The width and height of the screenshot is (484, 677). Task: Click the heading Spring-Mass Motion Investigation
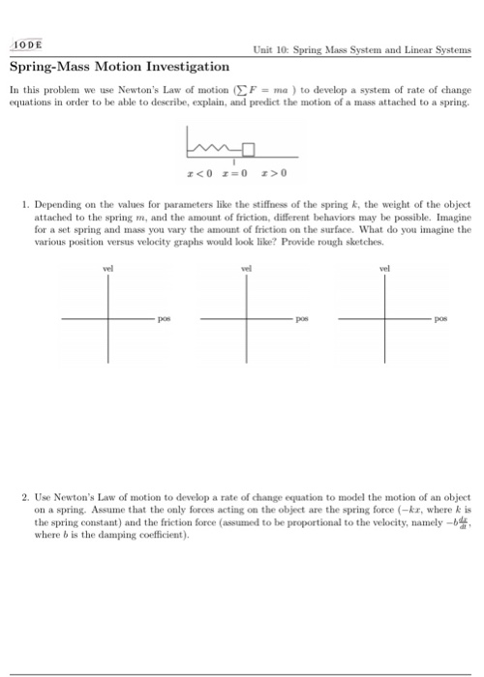pos(120,67)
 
